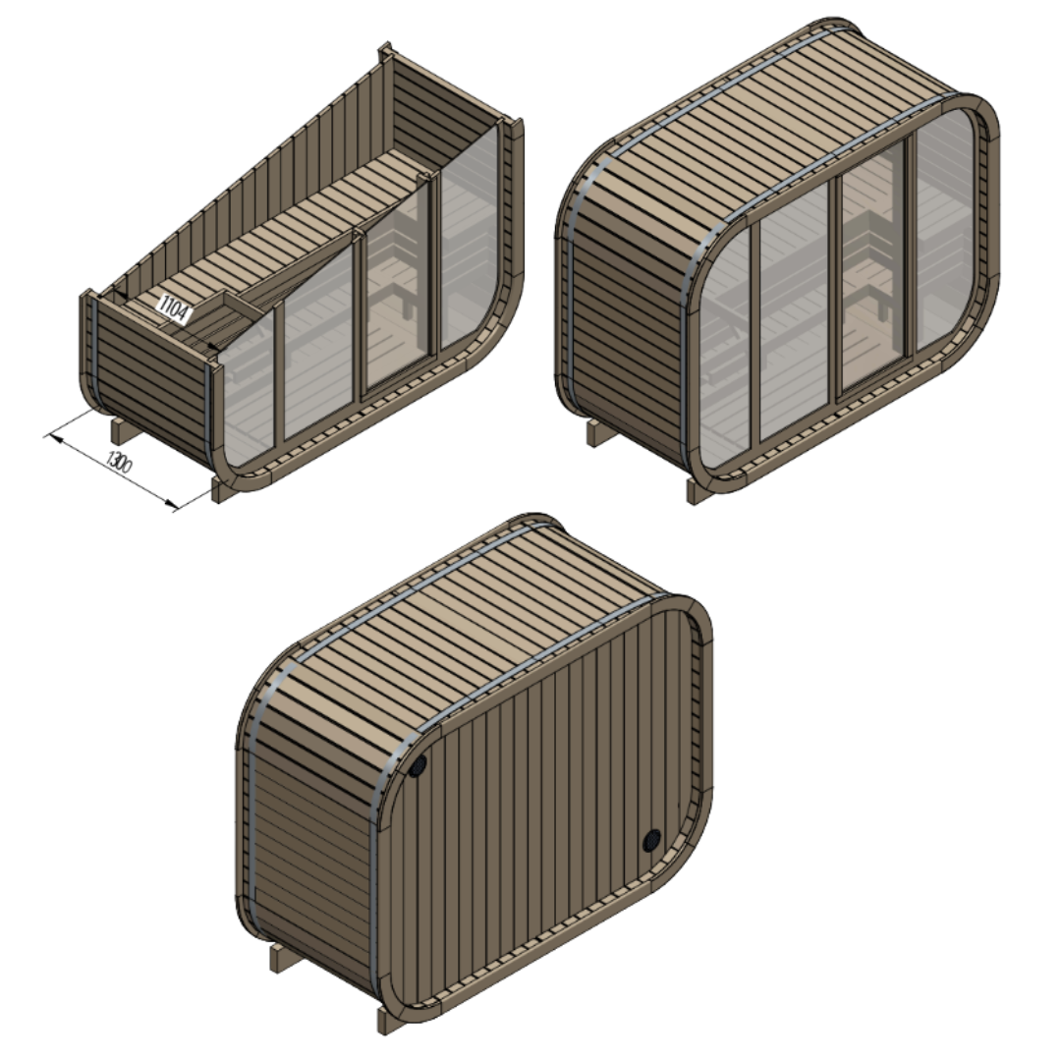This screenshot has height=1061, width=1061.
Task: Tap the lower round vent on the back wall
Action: [x=651, y=841]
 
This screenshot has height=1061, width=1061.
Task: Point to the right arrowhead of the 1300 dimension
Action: [x=176, y=507]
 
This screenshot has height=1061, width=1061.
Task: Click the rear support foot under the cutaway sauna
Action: [x=117, y=430]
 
